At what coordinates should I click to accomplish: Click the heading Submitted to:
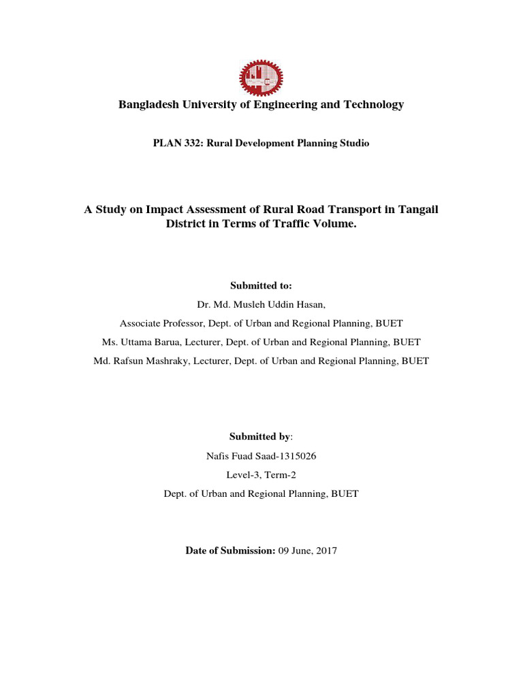[x=261, y=286]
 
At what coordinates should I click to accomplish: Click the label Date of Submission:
[x=230, y=551]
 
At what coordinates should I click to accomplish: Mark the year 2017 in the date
[x=326, y=551]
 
